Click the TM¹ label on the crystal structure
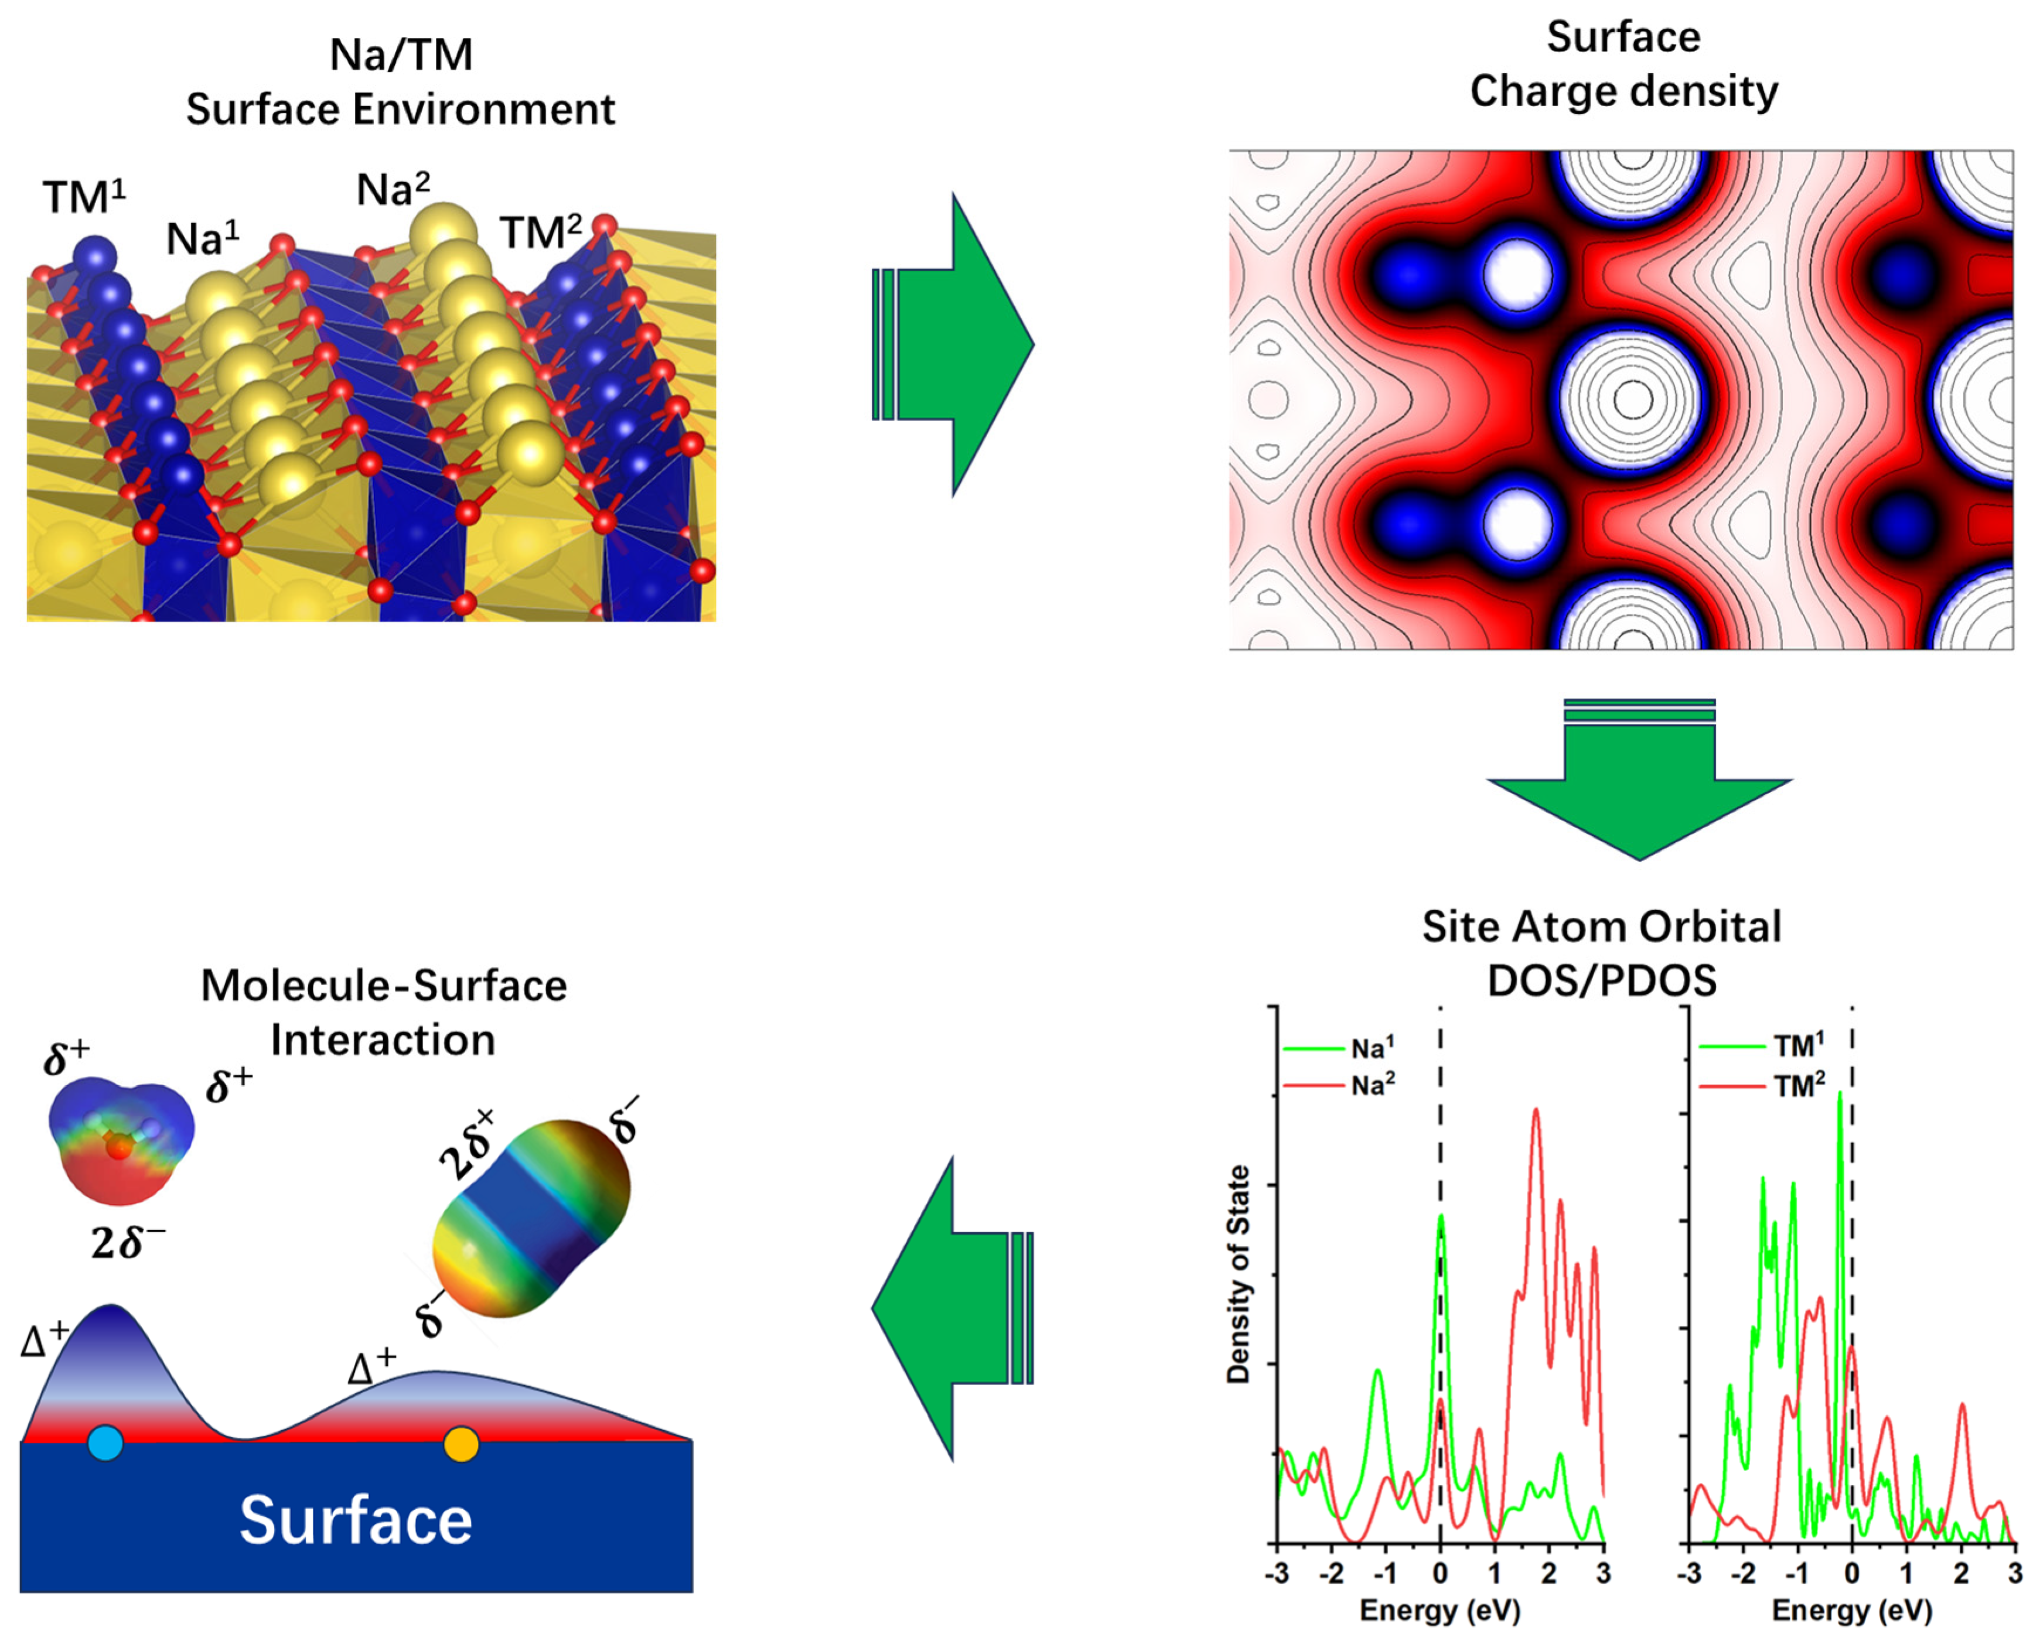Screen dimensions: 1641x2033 (x=83, y=197)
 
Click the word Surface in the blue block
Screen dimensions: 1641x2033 (x=356, y=1521)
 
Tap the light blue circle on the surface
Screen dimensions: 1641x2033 (x=105, y=1444)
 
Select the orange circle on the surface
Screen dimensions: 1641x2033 (x=462, y=1444)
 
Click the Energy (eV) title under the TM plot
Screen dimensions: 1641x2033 (x=1851, y=1610)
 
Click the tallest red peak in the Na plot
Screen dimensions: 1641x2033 (x=1536, y=1112)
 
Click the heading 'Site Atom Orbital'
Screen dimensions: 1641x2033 (x=1601, y=927)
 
